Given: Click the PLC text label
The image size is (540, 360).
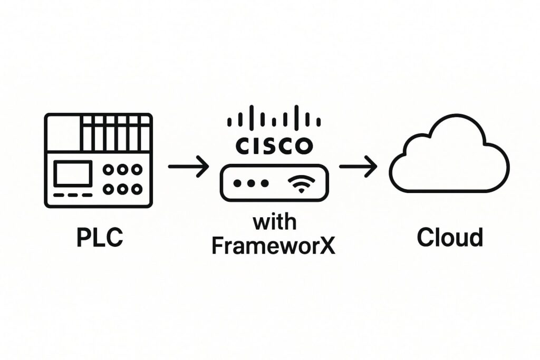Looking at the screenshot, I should (x=100, y=238).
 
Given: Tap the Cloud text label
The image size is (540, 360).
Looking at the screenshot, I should (x=449, y=238).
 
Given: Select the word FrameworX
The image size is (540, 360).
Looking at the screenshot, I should (x=273, y=246).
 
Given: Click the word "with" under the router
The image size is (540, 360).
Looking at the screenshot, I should (x=274, y=222).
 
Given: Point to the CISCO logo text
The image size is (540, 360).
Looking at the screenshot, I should (x=274, y=145).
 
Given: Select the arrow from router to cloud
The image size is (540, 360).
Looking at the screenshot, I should (x=358, y=167).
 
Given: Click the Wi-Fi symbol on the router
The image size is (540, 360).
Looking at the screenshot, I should (x=300, y=184).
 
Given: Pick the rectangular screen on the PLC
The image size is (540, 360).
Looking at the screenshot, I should (x=73, y=173).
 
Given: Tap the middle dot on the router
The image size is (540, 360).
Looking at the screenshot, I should (x=250, y=183).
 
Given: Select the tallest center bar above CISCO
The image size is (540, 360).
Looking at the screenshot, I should (x=274, y=117).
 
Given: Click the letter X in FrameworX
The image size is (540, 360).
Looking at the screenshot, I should (x=327, y=246).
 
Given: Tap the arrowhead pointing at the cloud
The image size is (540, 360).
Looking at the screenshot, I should (x=373, y=167).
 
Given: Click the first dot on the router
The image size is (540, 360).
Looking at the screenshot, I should (x=237, y=183).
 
